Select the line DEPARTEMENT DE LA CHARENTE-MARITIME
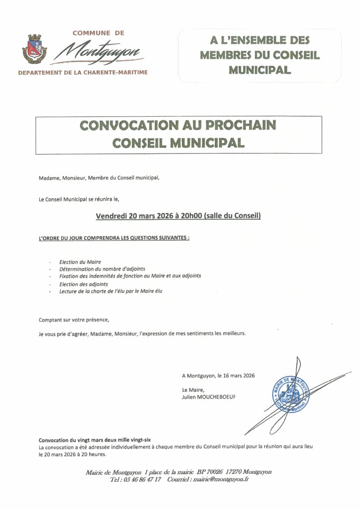point(83,73)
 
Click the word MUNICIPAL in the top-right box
point(259,70)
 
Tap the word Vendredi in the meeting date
point(111,216)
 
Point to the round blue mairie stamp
point(290,392)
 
